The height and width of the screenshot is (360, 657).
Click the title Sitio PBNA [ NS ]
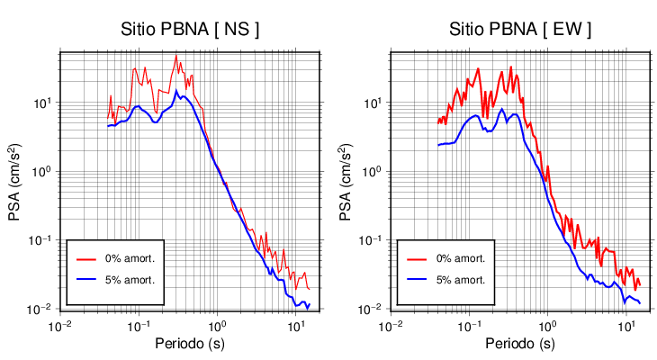(190, 30)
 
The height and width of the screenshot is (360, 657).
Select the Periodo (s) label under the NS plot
(190, 344)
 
